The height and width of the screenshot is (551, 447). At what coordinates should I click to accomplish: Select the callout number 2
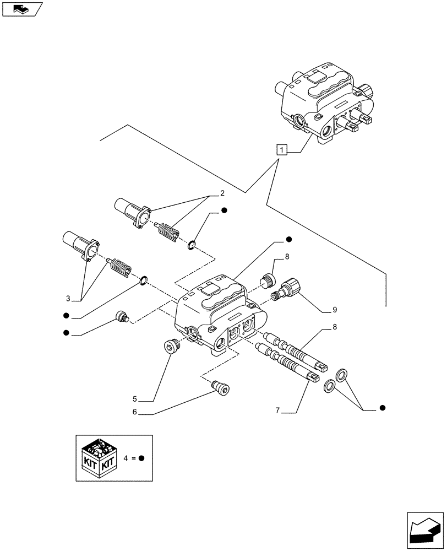(x=222, y=193)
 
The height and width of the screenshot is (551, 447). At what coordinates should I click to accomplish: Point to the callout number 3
(x=68, y=299)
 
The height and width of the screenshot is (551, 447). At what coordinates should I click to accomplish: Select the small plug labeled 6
(x=222, y=390)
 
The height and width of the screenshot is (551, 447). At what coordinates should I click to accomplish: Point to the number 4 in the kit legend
(x=127, y=458)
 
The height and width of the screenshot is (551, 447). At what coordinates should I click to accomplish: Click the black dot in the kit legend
(x=141, y=458)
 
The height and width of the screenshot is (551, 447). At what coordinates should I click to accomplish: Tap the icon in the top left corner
(x=23, y=9)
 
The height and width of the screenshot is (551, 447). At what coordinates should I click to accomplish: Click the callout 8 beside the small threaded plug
(x=287, y=257)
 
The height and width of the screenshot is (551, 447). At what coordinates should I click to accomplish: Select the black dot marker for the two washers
(x=383, y=408)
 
